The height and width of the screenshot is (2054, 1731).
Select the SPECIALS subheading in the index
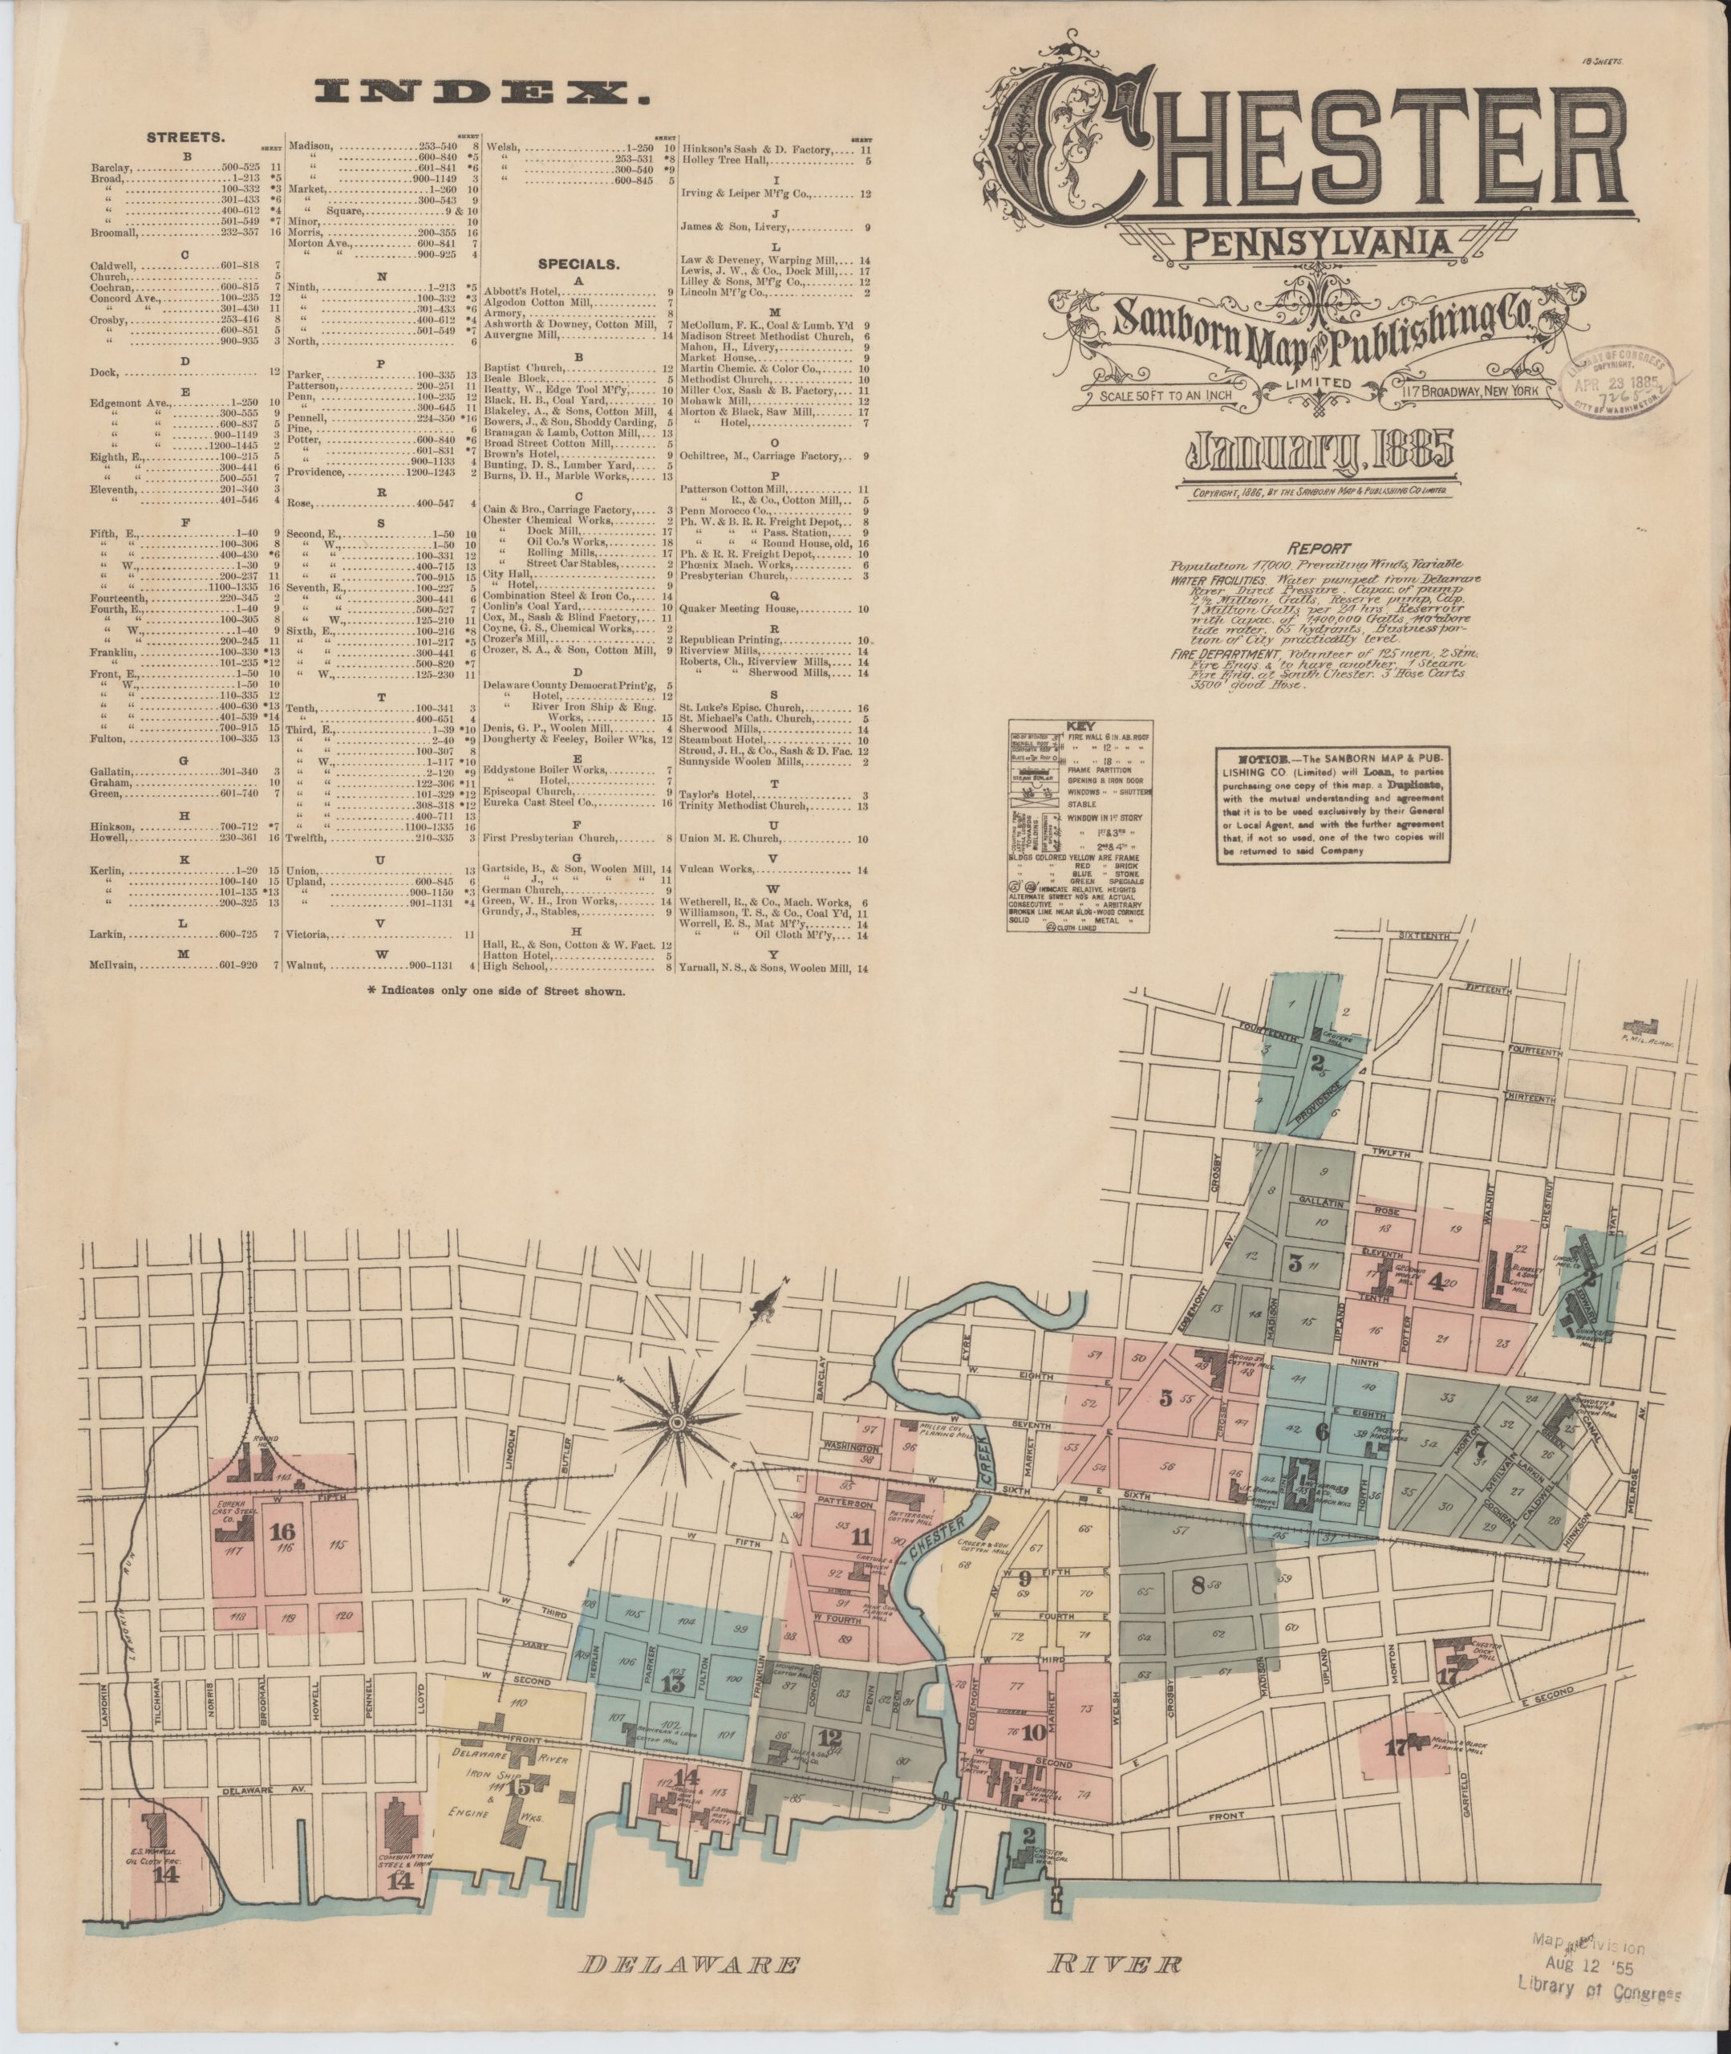tap(579, 264)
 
